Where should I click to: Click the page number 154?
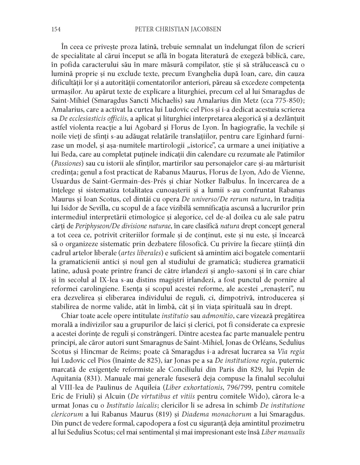(x=56, y=29)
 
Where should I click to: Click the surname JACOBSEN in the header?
(x=204, y=29)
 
